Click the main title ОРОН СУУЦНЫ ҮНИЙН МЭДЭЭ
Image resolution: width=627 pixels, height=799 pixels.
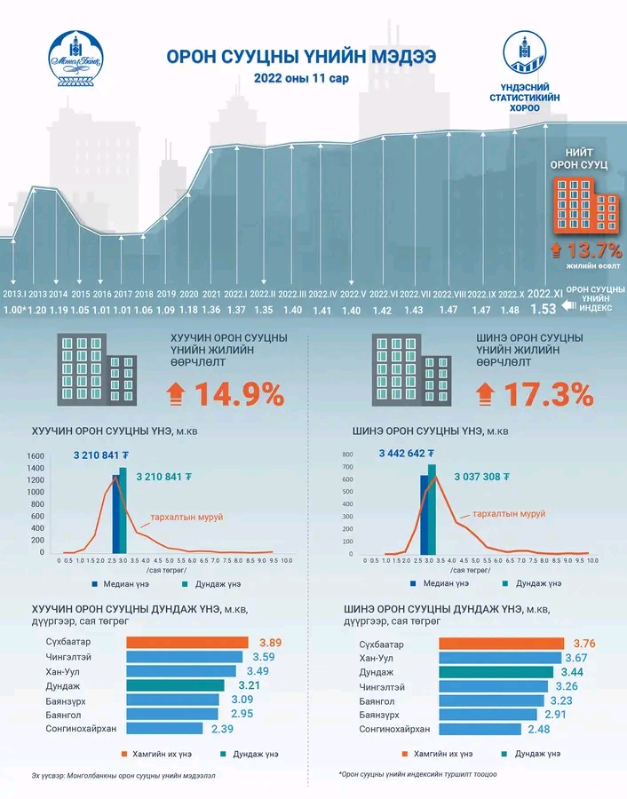(301, 57)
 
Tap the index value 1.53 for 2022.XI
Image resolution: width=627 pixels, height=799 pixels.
(543, 310)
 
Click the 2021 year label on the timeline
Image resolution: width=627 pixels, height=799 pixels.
(211, 294)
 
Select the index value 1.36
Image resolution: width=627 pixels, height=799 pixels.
(211, 310)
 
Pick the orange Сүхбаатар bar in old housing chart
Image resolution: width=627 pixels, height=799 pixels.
(187, 642)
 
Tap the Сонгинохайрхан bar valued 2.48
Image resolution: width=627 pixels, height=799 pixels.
(486, 729)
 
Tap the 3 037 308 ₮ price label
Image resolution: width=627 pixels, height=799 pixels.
(481, 476)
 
